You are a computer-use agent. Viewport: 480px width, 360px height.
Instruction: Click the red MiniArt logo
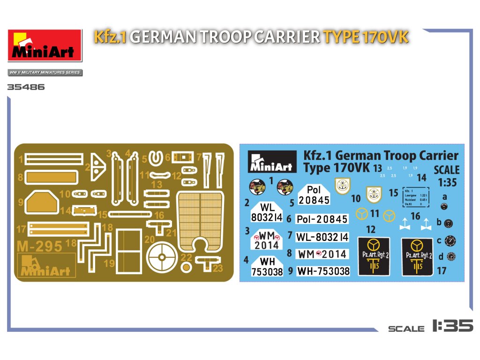click(x=45, y=45)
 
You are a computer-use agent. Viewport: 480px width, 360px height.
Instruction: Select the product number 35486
click(x=26, y=87)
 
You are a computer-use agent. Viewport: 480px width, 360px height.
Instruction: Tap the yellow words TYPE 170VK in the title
click(x=365, y=37)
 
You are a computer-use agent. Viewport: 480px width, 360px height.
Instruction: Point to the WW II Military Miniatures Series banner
click(x=45, y=73)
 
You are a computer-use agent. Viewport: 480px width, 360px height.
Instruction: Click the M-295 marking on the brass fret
click(x=39, y=246)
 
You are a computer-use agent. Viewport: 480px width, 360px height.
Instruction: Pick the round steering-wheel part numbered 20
click(x=162, y=257)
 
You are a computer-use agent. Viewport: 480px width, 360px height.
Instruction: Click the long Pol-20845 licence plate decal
click(x=322, y=219)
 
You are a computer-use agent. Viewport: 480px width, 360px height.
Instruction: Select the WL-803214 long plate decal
click(x=322, y=237)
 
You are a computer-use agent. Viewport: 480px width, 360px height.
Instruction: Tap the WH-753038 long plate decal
click(x=323, y=271)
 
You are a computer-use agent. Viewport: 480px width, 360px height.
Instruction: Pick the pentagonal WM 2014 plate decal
click(x=267, y=240)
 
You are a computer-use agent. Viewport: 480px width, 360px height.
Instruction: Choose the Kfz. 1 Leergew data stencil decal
click(x=416, y=197)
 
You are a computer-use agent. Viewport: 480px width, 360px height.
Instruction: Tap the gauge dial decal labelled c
click(x=451, y=240)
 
